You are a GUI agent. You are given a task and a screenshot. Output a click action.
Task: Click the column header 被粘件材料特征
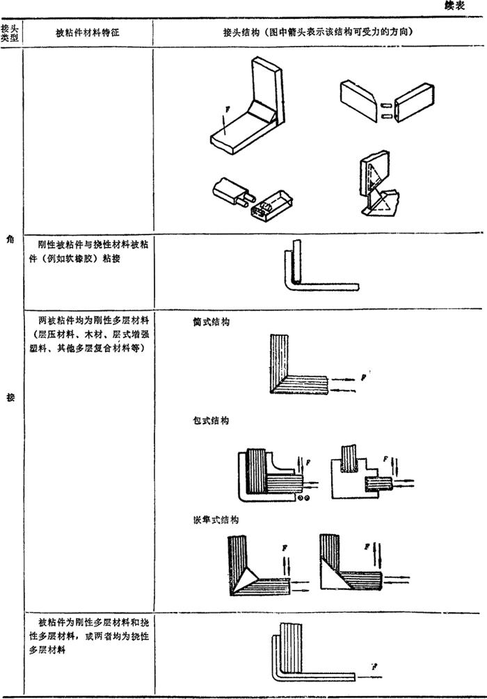click(x=88, y=33)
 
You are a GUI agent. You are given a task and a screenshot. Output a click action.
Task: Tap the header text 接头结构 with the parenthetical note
click(x=319, y=33)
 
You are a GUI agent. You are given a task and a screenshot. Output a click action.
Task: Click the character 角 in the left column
click(x=10, y=241)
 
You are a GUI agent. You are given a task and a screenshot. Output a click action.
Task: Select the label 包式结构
click(x=211, y=421)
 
